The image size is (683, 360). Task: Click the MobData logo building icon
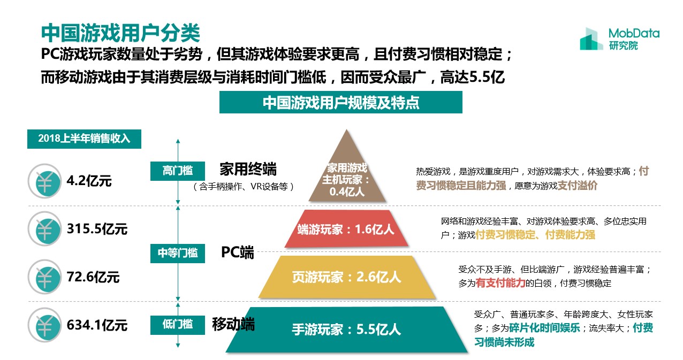click(591, 39)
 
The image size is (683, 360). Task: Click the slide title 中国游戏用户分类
click(121, 33)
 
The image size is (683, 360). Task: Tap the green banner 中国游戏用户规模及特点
click(340, 102)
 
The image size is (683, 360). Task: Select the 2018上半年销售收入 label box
click(84, 139)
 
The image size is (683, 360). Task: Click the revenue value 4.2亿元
click(89, 181)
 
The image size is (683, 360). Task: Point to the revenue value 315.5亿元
click(97, 228)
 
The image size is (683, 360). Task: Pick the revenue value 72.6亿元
click(93, 277)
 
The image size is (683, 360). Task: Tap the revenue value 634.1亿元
click(97, 325)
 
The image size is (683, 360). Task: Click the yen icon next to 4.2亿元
click(45, 181)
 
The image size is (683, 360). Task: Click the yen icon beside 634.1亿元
click(45, 325)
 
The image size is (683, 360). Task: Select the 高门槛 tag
click(178, 171)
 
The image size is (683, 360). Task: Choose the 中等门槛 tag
click(178, 254)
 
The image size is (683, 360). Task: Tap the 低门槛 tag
click(178, 325)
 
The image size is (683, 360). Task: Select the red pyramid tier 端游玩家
click(346, 228)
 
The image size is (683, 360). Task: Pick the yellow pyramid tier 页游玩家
click(347, 277)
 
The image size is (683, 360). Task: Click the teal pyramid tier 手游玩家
click(347, 330)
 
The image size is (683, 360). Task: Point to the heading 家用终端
click(248, 169)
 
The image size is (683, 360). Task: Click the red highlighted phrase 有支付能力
click(500, 283)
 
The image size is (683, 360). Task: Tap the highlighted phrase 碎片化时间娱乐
click(544, 328)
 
